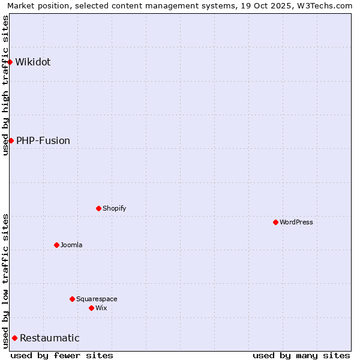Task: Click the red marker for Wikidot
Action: tap(10, 62)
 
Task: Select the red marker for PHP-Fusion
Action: tap(11, 140)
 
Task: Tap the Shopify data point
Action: tap(98, 208)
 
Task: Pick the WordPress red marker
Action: tap(275, 222)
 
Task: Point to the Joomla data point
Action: tap(56, 245)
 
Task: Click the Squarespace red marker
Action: tap(72, 299)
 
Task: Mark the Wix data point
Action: tap(91, 308)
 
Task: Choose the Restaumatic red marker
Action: tap(14, 338)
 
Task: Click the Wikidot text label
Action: tap(33, 62)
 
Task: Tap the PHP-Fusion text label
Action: tap(43, 140)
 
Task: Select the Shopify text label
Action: tap(114, 208)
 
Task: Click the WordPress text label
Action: tap(296, 222)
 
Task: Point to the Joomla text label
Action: tap(71, 245)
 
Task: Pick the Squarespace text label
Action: tap(97, 299)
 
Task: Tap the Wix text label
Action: tap(101, 308)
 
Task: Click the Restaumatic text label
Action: tap(50, 338)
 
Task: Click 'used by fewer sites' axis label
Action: tap(62, 355)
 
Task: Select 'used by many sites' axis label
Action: tap(301, 355)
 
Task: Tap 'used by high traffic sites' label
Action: tap(5, 85)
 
